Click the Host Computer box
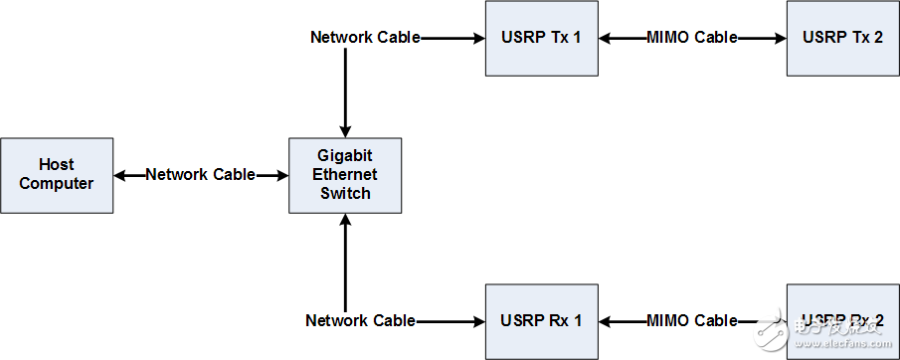pyautogui.click(x=57, y=175)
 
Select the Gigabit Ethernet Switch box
pyautogui.click(x=345, y=175)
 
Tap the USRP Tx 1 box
pyautogui.click(x=541, y=38)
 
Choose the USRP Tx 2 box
pyautogui.click(x=842, y=38)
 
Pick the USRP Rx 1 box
pyautogui.click(x=541, y=321)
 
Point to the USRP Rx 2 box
pyautogui.click(x=842, y=321)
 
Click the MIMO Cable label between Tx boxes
pyautogui.click(x=692, y=38)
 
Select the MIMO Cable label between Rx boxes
pyautogui.click(x=692, y=321)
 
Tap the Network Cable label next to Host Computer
pyautogui.click(x=200, y=175)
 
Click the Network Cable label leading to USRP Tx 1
pyautogui.click(x=365, y=38)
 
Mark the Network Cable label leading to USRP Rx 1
pyautogui.click(x=360, y=321)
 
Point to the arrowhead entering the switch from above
pyautogui.click(x=345, y=130)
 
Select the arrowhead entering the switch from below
pyautogui.click(x=345, y=221)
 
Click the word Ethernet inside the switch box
pyautogui.click(x=345, y=175)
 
